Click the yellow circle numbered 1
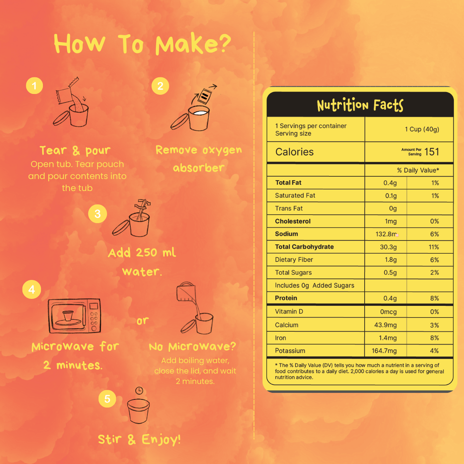[34, 85]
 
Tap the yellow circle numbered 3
[97, 213]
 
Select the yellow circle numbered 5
[107, 399]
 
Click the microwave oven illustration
[74, 316]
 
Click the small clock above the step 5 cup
[139, 390]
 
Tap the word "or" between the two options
[143, 321]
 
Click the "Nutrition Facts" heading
[360, 105]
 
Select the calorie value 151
[432, 152]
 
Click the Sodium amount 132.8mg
[386, 234]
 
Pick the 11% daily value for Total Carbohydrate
[434, 247]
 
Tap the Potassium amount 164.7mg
[384, 351]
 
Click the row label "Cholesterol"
[293, 221]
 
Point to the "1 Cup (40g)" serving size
[422, 129]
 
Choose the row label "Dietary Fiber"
[294, 259]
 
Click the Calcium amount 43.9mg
[385, 325]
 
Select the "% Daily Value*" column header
[418, 170]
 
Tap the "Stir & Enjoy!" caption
[139, 439]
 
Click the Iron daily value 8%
[434, 338]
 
